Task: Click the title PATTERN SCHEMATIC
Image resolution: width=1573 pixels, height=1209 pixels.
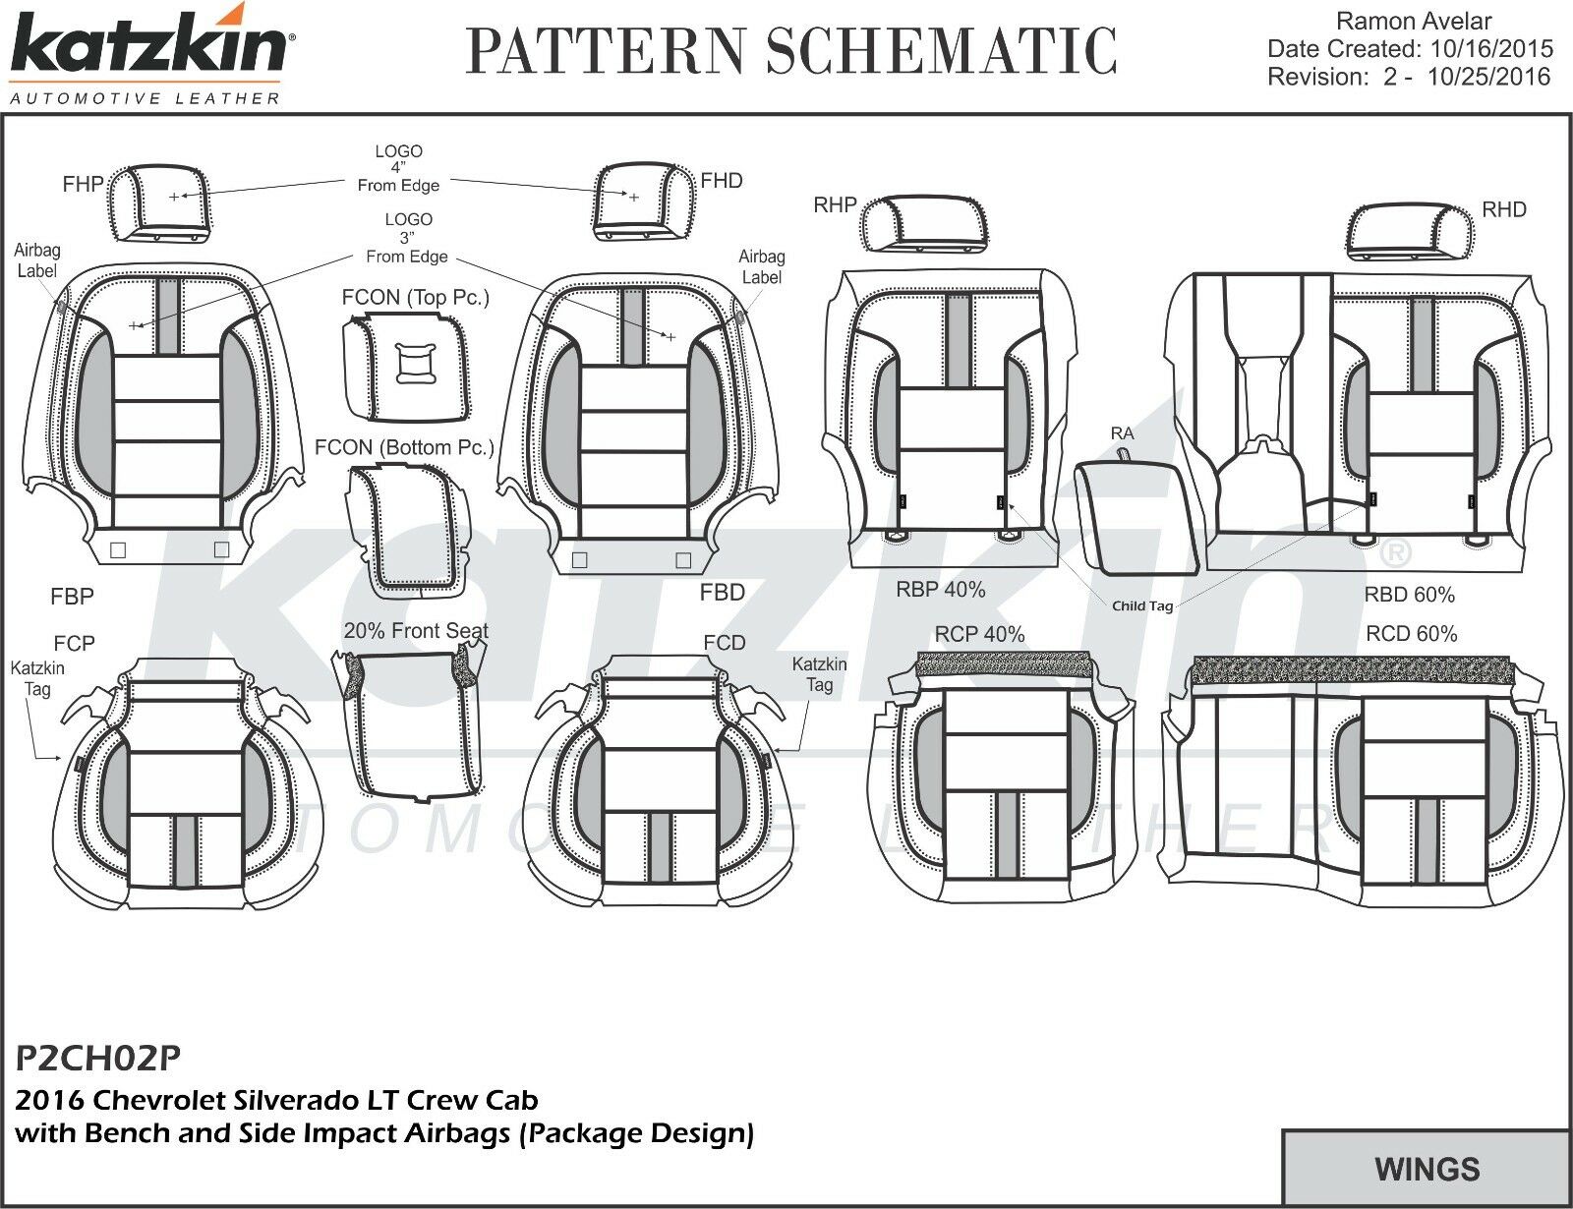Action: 791,51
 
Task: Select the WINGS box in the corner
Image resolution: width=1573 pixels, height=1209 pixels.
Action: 1427,1169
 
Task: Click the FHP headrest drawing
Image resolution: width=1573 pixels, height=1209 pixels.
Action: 159,201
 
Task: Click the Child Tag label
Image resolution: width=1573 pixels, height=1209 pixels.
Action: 1142,605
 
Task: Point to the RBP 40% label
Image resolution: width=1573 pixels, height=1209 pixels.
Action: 940,590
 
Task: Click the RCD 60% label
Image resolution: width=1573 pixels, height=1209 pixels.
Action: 1411,634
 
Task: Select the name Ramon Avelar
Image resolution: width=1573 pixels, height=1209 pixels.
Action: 1415,21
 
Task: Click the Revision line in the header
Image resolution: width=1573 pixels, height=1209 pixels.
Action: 1408,77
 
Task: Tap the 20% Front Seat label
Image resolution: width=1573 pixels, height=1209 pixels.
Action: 416,631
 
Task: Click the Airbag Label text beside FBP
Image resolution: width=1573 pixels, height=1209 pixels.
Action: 37,261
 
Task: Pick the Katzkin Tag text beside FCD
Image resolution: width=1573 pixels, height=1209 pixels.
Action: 819,674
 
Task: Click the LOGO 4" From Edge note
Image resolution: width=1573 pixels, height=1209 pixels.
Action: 398,168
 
